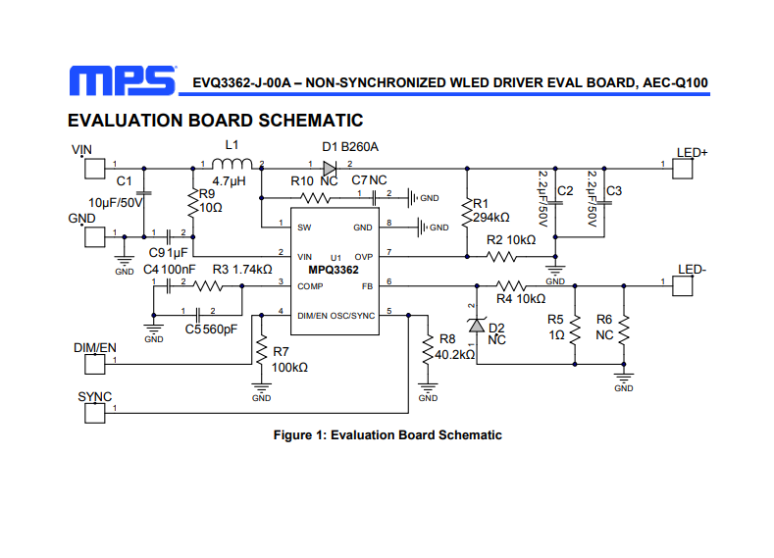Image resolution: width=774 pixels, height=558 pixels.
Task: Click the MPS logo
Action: (123, 80)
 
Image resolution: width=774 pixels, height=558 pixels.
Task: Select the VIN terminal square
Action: (95, 169)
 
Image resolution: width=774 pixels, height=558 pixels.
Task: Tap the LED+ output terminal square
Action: (682, 169)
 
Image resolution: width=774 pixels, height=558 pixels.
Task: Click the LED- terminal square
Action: (682, 285)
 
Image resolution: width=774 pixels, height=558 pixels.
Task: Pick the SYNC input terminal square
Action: (95, 413)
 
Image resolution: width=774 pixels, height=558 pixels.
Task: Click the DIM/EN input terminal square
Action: (95, 364)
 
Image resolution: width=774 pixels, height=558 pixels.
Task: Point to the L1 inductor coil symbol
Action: (232, 164)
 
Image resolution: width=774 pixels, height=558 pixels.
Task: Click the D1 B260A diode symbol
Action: (330, 169)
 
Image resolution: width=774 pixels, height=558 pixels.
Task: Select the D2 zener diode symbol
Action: (477, 326)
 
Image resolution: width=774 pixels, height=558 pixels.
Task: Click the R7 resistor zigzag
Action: (261, 349)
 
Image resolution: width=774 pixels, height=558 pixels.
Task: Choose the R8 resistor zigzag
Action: (428, 349)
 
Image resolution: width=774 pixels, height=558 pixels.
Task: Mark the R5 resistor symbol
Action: (575, 330)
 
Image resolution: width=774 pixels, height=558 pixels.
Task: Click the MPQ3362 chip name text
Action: (334, 270)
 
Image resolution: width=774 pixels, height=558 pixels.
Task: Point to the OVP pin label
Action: (363, 257)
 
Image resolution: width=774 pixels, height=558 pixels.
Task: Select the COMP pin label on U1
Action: (310, 286)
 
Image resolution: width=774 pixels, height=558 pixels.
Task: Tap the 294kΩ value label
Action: (491, 218)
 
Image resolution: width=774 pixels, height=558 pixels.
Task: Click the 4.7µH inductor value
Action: (229, 181)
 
